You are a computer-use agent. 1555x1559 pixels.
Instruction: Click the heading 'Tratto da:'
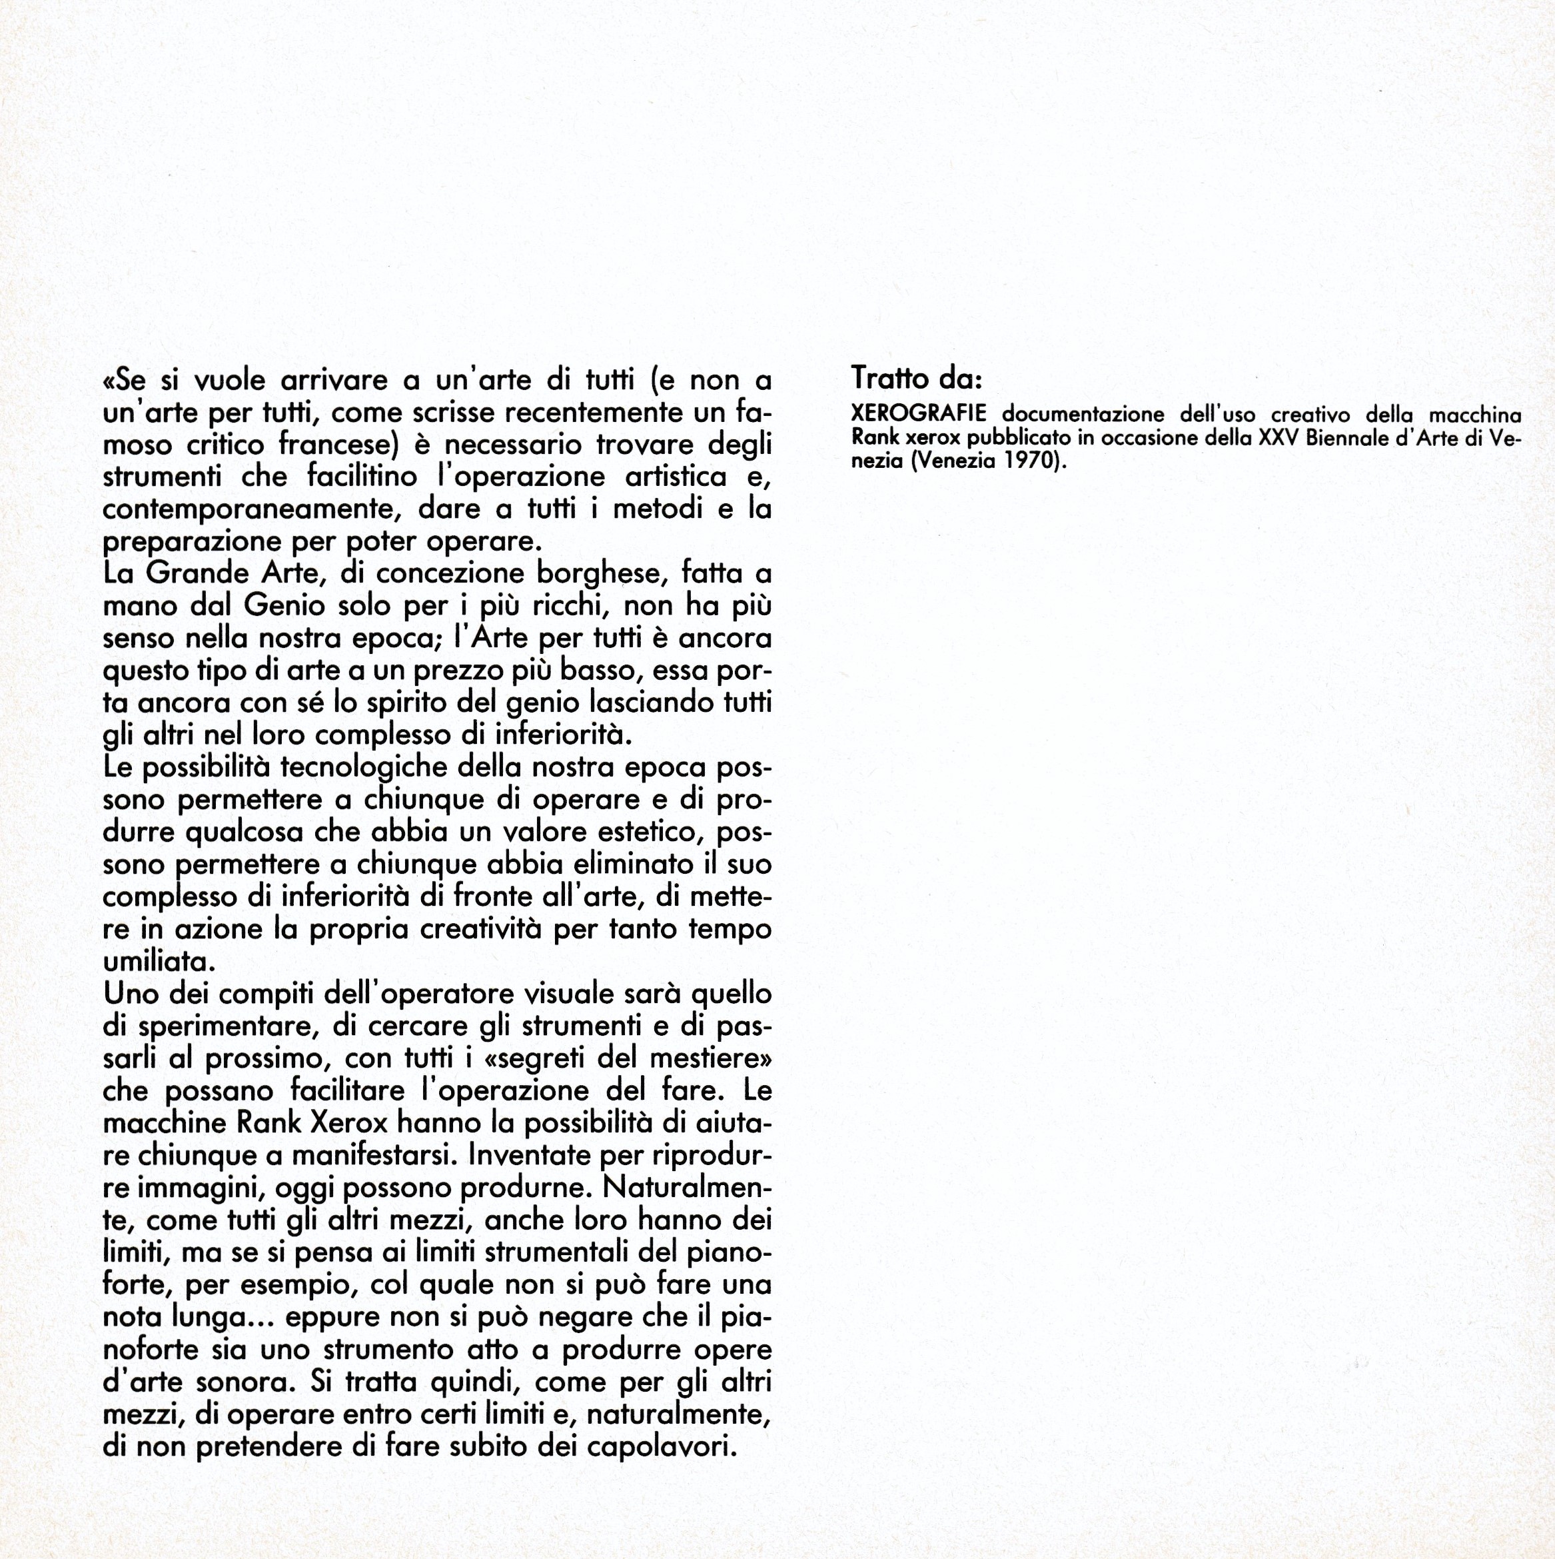click(x=916, y=378)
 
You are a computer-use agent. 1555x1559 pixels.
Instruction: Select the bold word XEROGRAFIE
click(x=919, y=414)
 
